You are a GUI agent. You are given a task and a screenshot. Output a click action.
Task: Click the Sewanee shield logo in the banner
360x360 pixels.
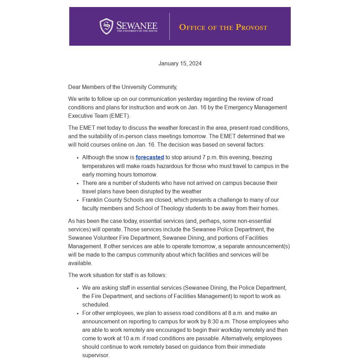[106, 26]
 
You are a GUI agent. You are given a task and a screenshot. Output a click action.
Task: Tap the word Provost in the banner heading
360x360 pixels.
[251, 27]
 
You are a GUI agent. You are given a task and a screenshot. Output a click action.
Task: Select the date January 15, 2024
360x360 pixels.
[180, 64]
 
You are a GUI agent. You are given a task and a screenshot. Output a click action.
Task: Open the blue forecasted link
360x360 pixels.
[150, 157]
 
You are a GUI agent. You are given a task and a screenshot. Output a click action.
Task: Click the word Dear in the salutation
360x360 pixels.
[74, 87]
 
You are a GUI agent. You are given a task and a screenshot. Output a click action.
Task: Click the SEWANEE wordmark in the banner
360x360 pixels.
[137, 26]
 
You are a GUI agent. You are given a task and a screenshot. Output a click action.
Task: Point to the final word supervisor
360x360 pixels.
[96, 355]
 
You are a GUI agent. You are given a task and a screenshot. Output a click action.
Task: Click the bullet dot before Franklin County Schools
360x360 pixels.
[77, 200]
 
